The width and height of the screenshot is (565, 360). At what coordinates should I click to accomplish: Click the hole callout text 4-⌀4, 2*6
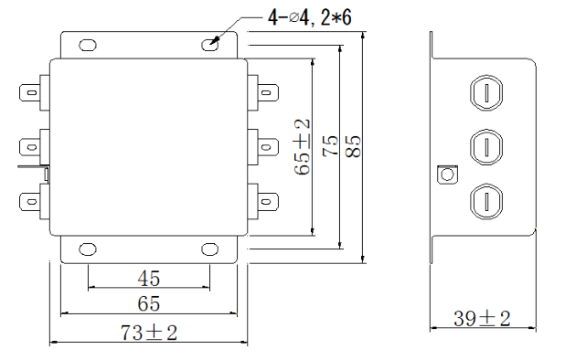pyautogui.click(x=310, y=17)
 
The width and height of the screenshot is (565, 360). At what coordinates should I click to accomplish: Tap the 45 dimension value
pyautogui.click(x=148, y=279)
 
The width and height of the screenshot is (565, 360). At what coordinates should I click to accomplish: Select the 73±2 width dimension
pyautogui.click(x=149, y=333)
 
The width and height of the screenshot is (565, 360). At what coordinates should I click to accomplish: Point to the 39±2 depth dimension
pyautogui.click(x=482, y=318)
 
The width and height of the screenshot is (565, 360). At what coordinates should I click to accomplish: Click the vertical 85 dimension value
pyautogui.click(x=353, y=146)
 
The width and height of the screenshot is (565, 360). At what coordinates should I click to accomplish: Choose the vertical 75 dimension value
pyautogui.click(x=330, y=146)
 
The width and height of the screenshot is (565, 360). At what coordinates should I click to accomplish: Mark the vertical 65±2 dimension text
pyautogui.click(x=302, y=147)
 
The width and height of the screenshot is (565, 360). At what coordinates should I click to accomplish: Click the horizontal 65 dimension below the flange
pyautogui.click(x=148, y=304)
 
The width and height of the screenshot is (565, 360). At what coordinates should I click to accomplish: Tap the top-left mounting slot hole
pyautogui.click(x=88, y=46)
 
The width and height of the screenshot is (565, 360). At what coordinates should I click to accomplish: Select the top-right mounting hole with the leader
pyautogui.click(x=210, y=45)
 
